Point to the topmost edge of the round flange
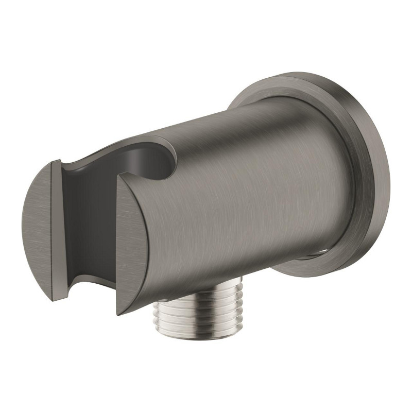point(304,78)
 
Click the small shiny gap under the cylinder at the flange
point(314,255)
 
